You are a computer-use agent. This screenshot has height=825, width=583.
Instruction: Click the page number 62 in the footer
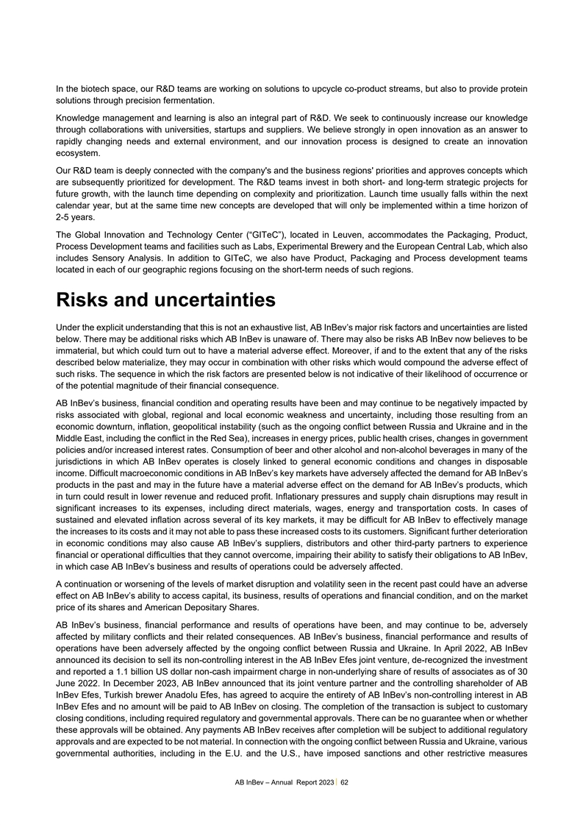point(344,782)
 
